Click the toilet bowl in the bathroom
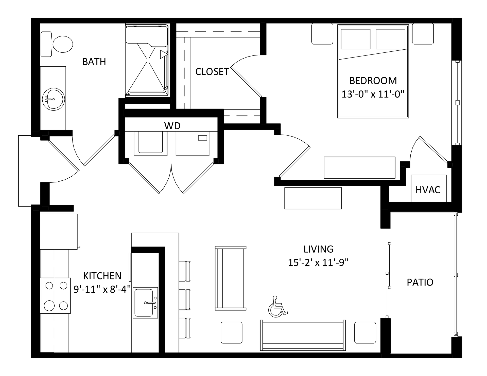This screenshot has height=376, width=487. click(x=63, y=44)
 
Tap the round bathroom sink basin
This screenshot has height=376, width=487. click(x=54, y=99)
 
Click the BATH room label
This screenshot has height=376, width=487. click(x=94, y=62)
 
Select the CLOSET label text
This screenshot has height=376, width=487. click(x=212, y=72)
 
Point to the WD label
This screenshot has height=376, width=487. click(x=172, y=126)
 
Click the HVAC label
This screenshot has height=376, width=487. click(x=428, y=190)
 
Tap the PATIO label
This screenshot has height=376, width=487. click(x=420, y=282)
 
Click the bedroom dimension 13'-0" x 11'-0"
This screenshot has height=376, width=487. click(x=373, y=94)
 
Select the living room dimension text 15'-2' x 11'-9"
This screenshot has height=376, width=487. click(x=318, y=263)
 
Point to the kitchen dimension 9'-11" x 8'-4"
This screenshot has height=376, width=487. click(x=102, y=289)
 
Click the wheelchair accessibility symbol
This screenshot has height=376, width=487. click(x=278, y=307)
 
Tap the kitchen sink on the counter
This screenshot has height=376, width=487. click(x=145, y=303)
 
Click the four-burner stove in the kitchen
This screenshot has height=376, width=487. click(x=56, y=296)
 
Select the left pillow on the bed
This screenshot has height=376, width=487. click(x=356, y=39)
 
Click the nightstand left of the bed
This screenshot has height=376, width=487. click(x=322, y=34)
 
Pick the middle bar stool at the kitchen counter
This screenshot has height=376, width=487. click(x=185, y=299)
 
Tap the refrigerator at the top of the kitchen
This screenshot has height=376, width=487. click(x=59, y=232)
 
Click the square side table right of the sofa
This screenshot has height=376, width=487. click(x=365, y=333)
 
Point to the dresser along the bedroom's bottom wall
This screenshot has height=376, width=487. click(x=359, y=167)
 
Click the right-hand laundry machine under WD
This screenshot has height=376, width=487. click(x=193, y=143)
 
